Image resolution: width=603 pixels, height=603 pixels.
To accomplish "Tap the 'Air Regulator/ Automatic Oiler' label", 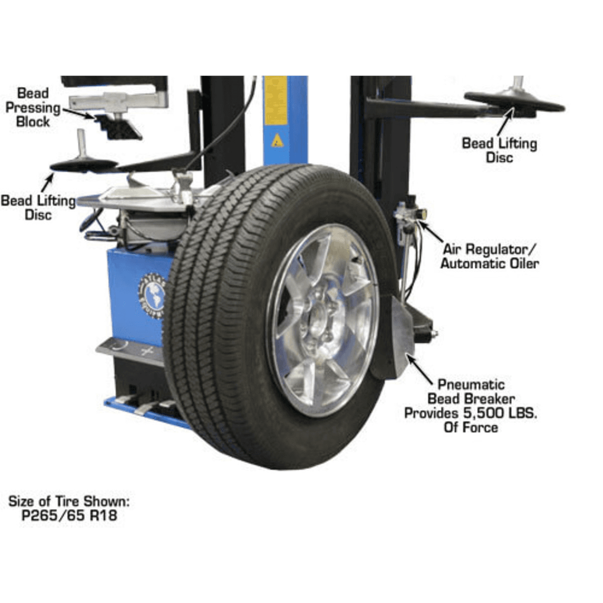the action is coord(490,257).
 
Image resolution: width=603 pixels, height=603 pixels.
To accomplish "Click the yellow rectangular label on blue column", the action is coord(276,99).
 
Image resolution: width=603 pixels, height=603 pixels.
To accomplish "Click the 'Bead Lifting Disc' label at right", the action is coord(499,151).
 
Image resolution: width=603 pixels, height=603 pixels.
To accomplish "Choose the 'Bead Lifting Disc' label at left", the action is coord(38,208).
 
